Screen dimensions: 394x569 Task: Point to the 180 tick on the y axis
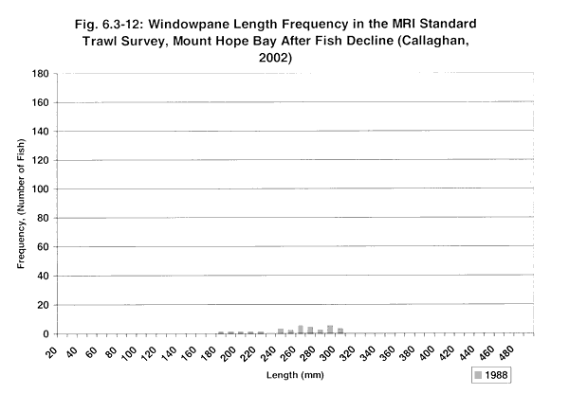pos(42,74)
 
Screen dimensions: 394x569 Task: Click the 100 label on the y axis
pos(42,189)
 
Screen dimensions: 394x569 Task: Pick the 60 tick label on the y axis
pos(45,247)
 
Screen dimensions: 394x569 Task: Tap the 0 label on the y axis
pos(47,334)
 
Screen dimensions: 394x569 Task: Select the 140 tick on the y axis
pos(42,132)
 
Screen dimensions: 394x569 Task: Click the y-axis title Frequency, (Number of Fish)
pos(23,204)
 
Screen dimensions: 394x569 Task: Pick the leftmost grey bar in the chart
pos(221,332)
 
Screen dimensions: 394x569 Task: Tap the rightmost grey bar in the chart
pos(340,331)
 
